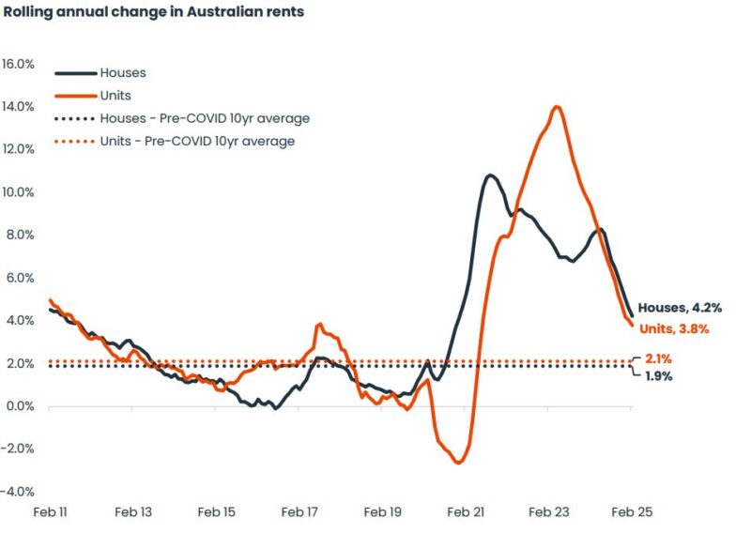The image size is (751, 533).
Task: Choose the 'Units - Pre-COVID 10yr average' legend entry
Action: point(196,142)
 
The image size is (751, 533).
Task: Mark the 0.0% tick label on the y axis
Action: point(22,406)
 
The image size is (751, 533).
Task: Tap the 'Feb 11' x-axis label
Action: point(49,512)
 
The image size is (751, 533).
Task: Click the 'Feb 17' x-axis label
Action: point(299,512)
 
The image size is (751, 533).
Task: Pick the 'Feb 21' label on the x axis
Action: point(467,512)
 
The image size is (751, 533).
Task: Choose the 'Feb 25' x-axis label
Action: point(632,512)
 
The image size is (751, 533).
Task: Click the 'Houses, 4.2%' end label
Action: point(681,308)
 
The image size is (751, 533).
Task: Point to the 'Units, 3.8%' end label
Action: point(674,329)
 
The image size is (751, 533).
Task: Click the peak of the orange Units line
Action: point(558,106)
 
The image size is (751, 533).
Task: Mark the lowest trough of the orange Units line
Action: point(458,463)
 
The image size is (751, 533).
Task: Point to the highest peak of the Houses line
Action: point(490,175)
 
